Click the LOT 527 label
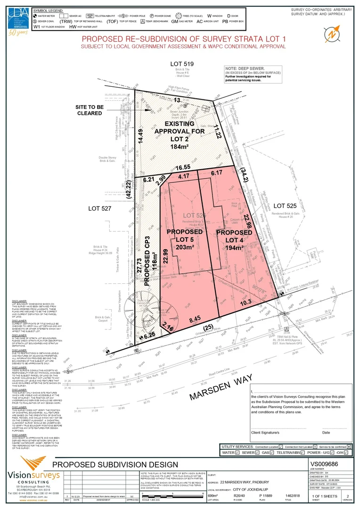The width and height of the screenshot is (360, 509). pyautogui.click(x=100, y=208)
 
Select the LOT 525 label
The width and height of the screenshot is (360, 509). pyautogui.click(x=286, y=205)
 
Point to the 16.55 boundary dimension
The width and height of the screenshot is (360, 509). pyautogui.click(x=183, y=167)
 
